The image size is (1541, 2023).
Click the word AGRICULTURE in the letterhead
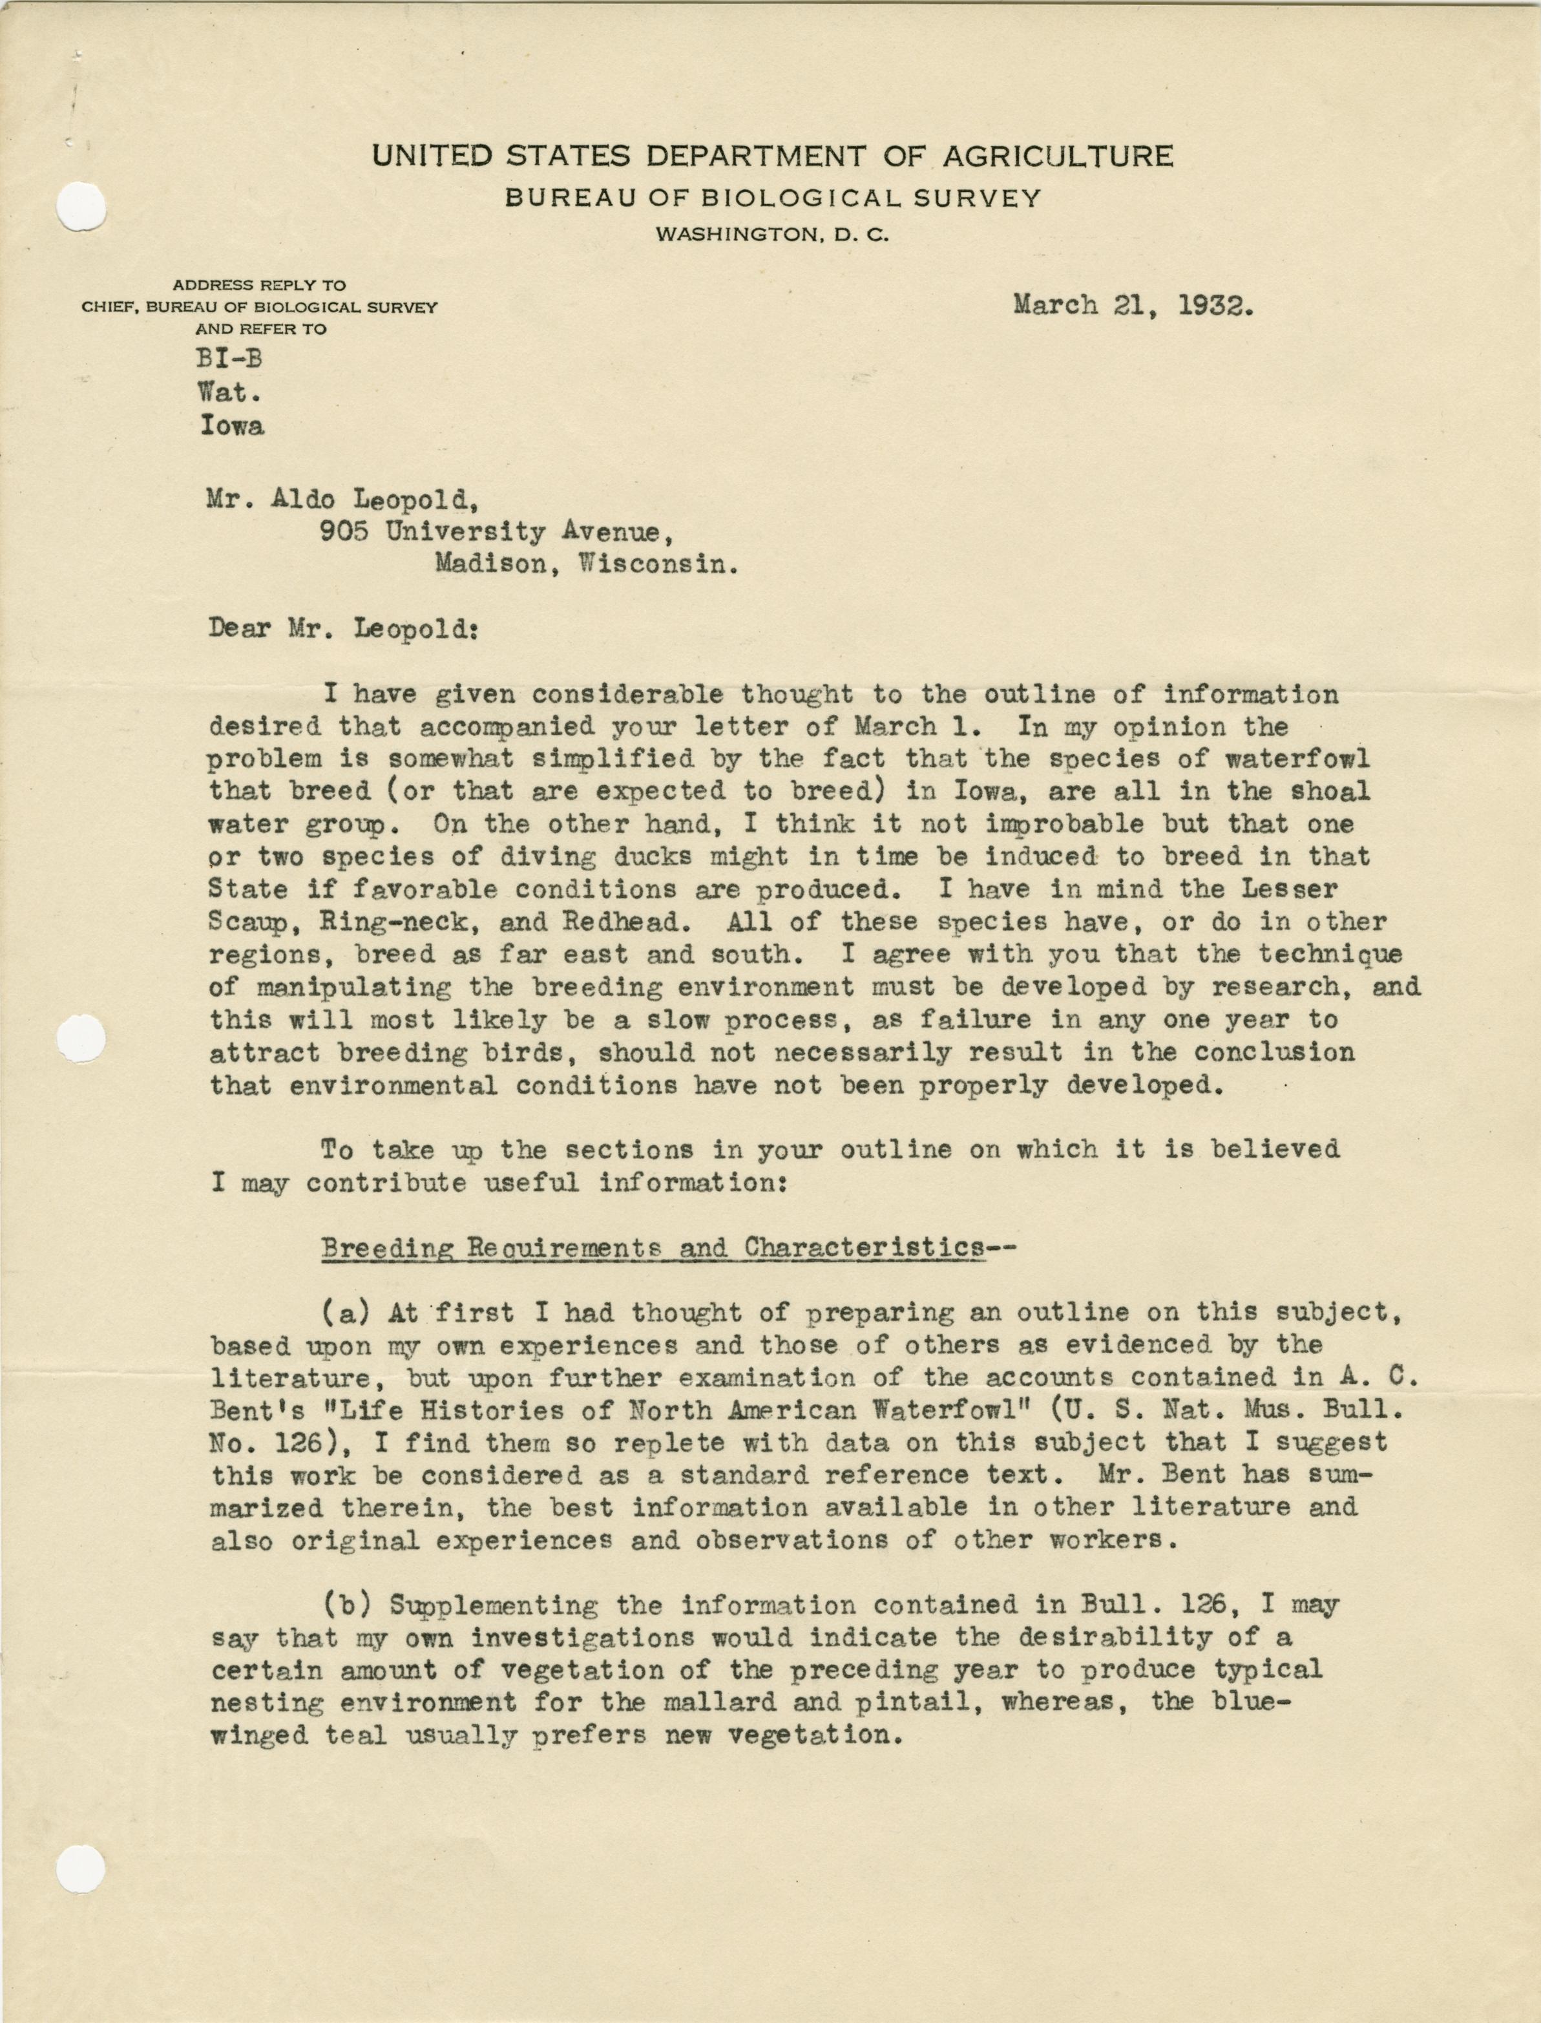coord(1058,156)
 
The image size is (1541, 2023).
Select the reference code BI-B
coord(230,359)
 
